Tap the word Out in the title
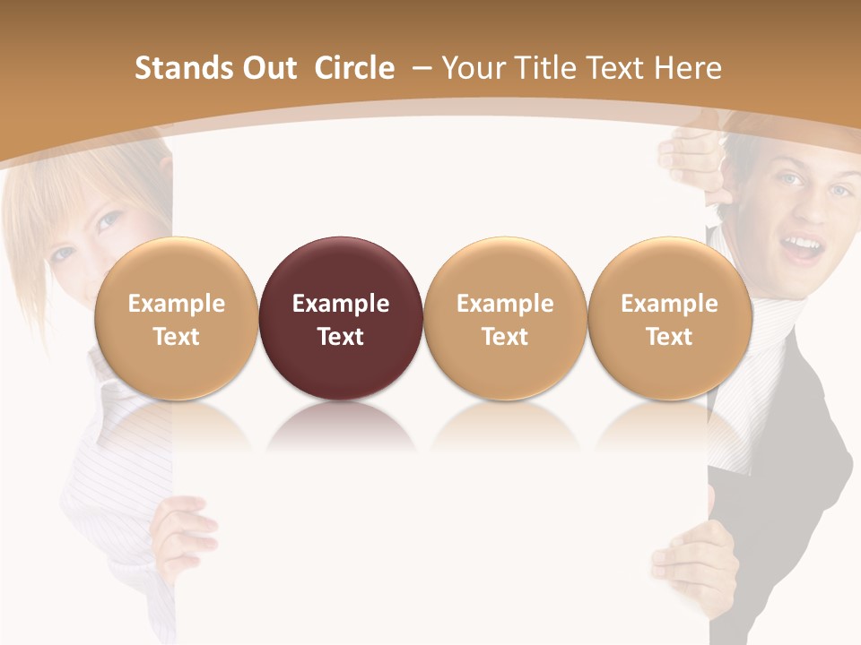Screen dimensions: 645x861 click(x=267, y=68)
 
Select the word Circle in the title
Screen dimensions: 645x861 click(x=354, y=68)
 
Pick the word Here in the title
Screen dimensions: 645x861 click(x=687, y=68)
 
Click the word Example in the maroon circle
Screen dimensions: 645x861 click(x=341, y=304)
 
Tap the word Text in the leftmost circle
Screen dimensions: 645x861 click(x=177, y=337)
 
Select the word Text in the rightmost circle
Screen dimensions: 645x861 click(x=670, y=337)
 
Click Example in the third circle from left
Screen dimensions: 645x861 click(x=505, y=304)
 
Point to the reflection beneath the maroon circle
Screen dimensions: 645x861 click(x=341, y=428)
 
